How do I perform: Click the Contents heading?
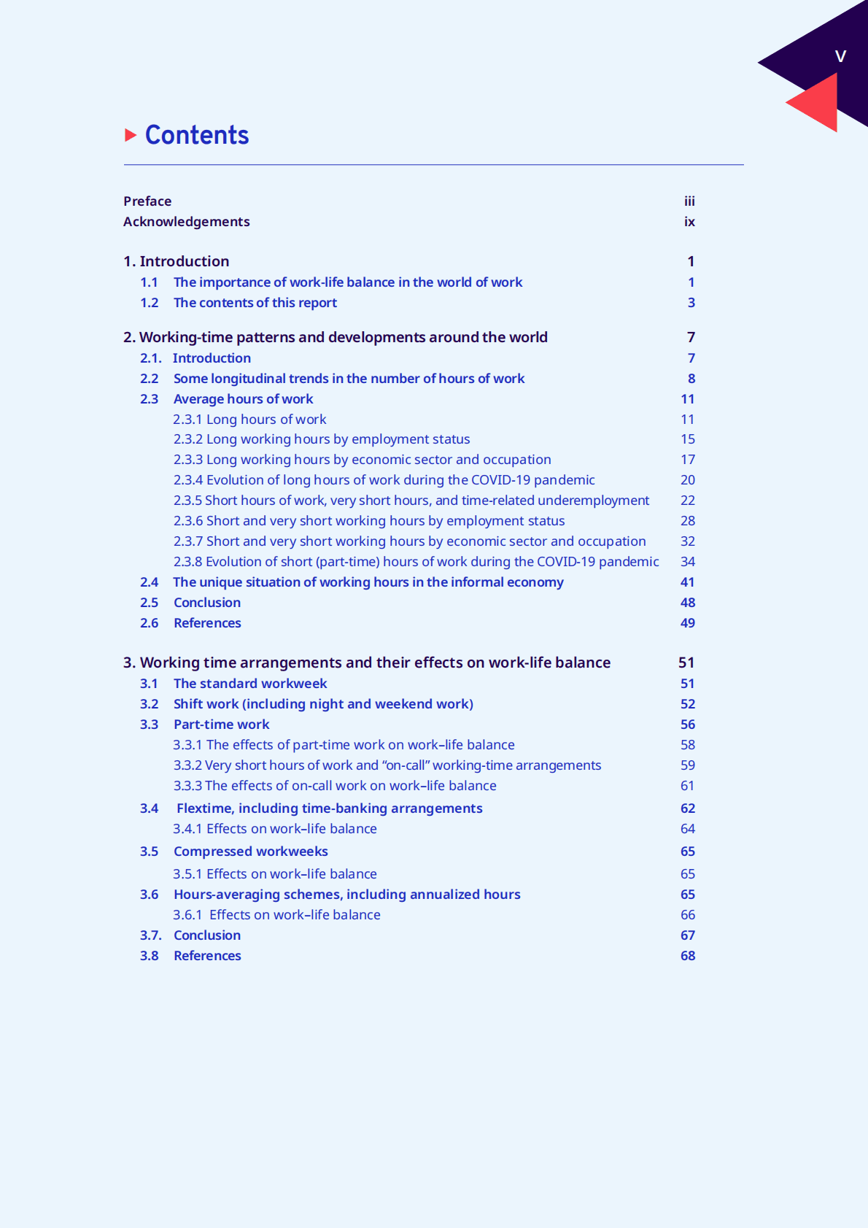(197, 135)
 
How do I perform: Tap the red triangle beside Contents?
(131, 135)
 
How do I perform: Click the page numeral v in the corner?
(840, 56)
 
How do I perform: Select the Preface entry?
(147, 201)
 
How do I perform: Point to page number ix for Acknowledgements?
(689, 222)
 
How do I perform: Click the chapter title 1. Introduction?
(177, 261)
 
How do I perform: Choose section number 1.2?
(150, 303)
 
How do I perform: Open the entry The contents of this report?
(255, 303)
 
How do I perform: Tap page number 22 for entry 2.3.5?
(688, 501)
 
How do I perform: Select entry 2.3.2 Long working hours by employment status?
(322, 439)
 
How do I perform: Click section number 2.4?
(150, 582)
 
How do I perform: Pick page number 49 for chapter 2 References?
(688, 623)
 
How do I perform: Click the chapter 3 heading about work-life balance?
(367, 663)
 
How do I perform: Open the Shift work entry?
(323, 704)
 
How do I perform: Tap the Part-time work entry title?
(222, 725)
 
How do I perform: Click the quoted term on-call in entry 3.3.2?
(406, 765)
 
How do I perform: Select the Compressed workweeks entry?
(251, 852)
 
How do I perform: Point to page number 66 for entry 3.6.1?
(688, 915)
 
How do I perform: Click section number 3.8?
(150, 956)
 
